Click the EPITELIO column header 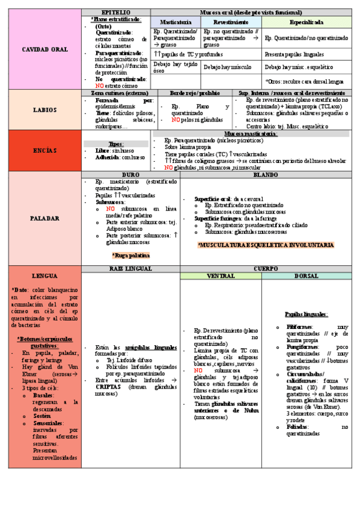tap(115, 12)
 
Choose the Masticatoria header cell tap(175, 22)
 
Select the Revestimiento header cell tap(231, 22)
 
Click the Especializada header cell tap(306, 22)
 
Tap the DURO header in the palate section tap(130, 174)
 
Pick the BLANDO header tap(265, 174)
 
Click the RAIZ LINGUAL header tap(130, 268)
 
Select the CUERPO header tap(265, 268)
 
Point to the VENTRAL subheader tap(221, 276)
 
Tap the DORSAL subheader tap(306, 276)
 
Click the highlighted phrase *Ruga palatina tap(130, 256)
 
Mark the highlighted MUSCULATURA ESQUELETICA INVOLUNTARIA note tap(265, 245)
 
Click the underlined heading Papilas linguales tap(306, 314)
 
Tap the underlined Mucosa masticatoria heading tap(251, 134)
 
